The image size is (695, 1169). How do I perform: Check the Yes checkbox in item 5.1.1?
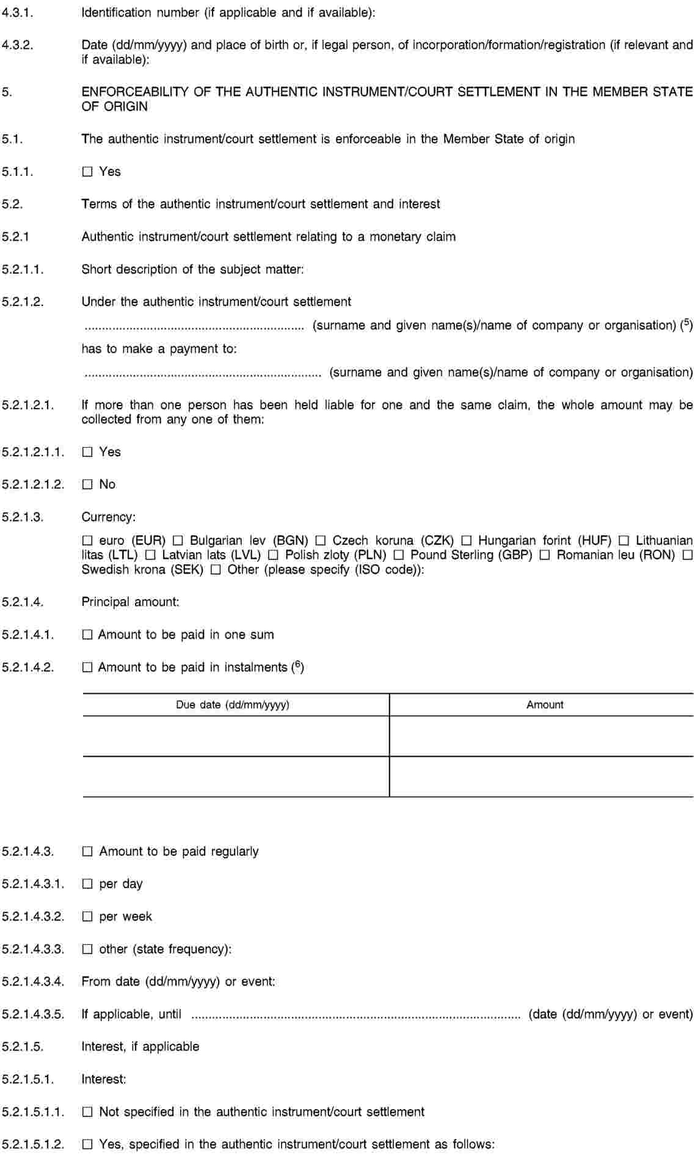[x=87, y=172]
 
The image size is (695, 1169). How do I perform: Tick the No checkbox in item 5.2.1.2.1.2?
[x=87, y=485]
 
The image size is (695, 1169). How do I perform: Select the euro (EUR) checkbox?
[x=87, y=541]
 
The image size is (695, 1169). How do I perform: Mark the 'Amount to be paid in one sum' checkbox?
[x=87, y=635]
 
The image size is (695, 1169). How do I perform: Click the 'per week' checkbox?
[x=87, y=917]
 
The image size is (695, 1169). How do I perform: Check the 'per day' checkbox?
[x=87, y=884]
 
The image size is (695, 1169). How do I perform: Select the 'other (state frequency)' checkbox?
[x=87, y=950]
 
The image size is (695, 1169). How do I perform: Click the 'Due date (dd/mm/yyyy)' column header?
[x=233, y=705]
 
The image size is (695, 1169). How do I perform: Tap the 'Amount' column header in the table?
[x=545, y=705]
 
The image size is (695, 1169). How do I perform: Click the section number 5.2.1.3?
[x=23, y=517]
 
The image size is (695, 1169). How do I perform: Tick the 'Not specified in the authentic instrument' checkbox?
[x=87, y=1112]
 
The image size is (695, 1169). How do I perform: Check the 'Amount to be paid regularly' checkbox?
[x=87, y=851]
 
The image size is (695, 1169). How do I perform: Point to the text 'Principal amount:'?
[x=131, y=602]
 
